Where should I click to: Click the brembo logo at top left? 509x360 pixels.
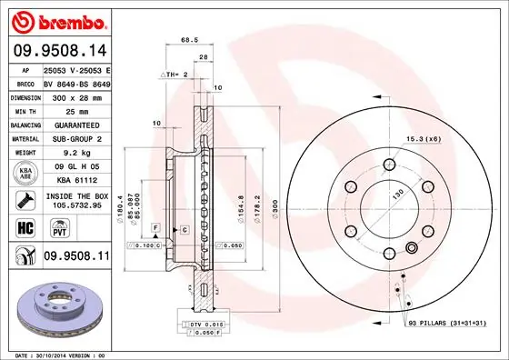(60, 20)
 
